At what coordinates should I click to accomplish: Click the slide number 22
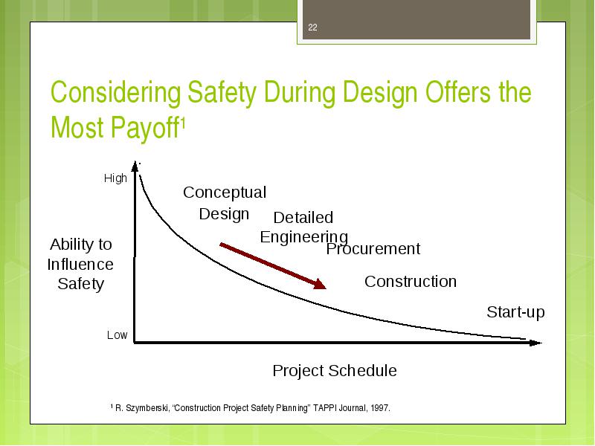[x=312, y=28]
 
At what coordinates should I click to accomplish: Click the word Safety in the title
[x=222, y=93]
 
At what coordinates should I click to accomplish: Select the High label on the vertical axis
[x=115, y=178]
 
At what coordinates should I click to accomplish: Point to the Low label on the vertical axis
[x=117, y=335]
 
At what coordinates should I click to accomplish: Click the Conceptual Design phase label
[x=225, y=203]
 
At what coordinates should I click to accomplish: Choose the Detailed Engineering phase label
[x=304, y=227]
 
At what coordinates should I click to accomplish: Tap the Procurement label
[x=373, y=249]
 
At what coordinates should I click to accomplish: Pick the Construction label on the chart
[x=411, y=282]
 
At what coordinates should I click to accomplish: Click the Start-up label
[x=515, y=312]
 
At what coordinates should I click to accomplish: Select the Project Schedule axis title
[x=335, y=370]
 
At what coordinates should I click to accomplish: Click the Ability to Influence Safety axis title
[x=80, y=265]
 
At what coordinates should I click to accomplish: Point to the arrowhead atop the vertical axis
[x=135, y=166]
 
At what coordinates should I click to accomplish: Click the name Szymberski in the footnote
[x=147, y=408]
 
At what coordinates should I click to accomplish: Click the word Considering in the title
[x=116, y=93]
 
